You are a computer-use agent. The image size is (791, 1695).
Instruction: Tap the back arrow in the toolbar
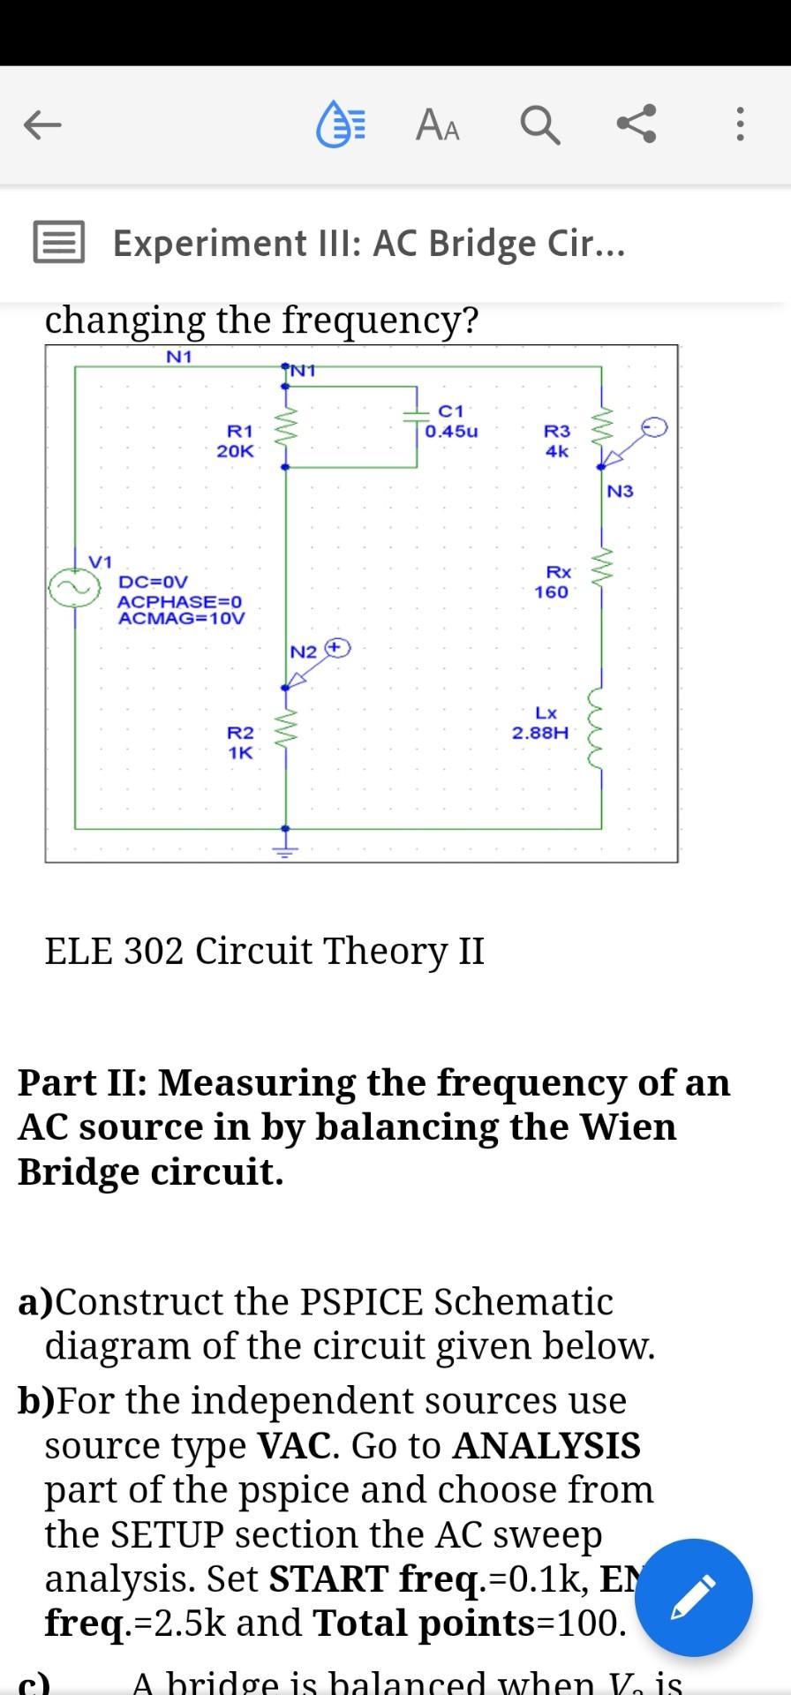[x=42, y=125]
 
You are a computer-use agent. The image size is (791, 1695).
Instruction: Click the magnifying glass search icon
[x=539, y=125]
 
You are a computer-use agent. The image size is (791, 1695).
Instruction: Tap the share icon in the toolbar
[x=637, y=124]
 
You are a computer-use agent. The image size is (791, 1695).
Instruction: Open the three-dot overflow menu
[x=741, y=125]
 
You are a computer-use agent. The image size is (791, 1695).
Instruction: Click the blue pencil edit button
[x=694, y=1597]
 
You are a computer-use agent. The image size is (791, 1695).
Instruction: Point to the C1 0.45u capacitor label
[x=451, y=422]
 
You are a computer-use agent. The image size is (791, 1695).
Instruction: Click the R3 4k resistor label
[x=557, y=441]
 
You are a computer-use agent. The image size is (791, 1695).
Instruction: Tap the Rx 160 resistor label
[x=553, y=583]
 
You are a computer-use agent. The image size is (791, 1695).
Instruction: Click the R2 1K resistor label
[x=240, y=742]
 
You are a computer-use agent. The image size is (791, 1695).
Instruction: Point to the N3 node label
[x=620, y=491]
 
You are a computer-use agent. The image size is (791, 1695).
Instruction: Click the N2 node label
[x=303, y=652]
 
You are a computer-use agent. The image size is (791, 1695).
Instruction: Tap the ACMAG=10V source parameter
[x=182, y=618]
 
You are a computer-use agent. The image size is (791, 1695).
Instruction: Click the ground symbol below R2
[x=284, y=850]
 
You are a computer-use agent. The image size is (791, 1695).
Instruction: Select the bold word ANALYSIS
[x=546, y=1446]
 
